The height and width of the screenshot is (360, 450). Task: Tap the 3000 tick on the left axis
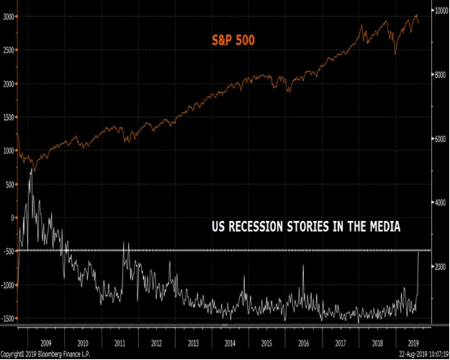point(8,16)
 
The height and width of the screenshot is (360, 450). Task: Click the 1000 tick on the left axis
point(8,151)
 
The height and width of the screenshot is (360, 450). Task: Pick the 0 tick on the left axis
point(11,217)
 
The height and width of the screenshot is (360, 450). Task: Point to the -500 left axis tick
point(8,252)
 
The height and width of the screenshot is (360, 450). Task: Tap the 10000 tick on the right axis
point(441,10)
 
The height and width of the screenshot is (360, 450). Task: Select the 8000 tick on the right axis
point(439,74)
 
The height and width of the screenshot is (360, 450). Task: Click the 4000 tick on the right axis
point(439,203)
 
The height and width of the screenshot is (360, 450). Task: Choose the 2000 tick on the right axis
point(439,267)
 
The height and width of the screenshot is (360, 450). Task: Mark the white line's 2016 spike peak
point(303,266)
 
